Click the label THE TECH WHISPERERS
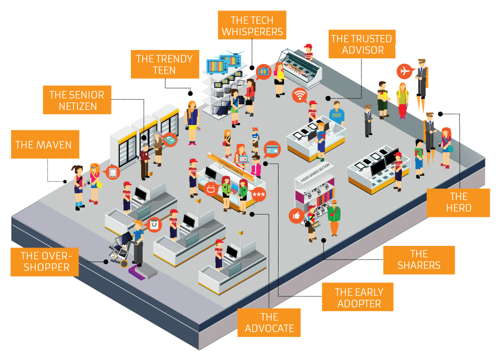(253, 26)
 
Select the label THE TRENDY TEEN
(164, 64)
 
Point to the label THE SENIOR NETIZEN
(77, 101)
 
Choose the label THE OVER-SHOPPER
(45, 262)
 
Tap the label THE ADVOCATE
(269, 322)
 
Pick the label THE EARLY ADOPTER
(358, 297)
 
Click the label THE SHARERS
(419, 260)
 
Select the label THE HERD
(458, 202)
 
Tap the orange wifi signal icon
(298, 95)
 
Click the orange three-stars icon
(258, 194)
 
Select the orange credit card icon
(272, 148)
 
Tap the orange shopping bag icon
(155, 225)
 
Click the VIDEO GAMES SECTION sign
(315, 176)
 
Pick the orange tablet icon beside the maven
(113, 172)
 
